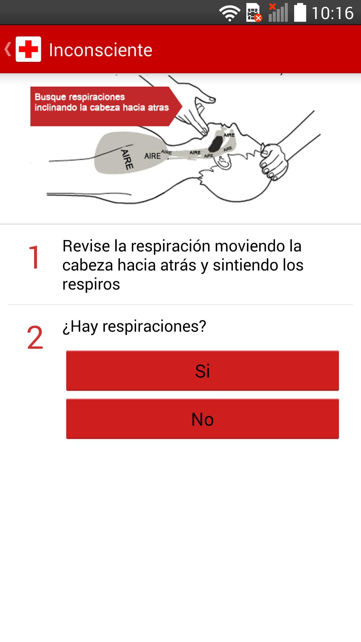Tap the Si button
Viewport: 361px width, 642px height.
(x=202, y=370)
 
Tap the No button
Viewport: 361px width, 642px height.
(x=202, y=419)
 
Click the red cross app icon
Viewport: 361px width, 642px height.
(x=28, y=49)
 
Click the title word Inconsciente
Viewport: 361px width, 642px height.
(x=101, y=50)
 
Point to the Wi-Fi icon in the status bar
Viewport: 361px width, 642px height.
(x=230, y=13)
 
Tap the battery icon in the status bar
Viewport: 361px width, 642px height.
(x=300, y=13)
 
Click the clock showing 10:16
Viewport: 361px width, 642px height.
(x=333, y=13)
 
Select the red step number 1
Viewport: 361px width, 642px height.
(x=34, y=257)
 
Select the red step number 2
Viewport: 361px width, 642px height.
(x=35, y=337)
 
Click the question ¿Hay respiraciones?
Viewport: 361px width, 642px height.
(x=134, y=326)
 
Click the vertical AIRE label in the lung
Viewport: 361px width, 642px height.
(x=127, y=159)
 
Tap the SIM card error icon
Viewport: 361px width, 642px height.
(x=254, y=13)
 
